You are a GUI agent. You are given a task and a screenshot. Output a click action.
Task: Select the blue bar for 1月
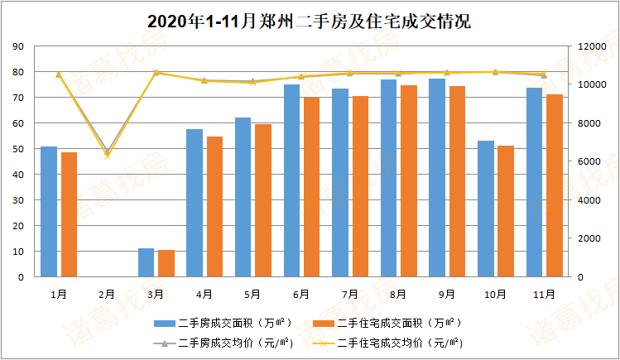pyautogui.click(x=49, y=211)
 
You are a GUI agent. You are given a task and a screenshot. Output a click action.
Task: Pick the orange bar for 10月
pyautogui.click(x=506, y=211)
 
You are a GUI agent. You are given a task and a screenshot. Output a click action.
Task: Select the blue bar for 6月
pyautogui.click(x=291, y=180)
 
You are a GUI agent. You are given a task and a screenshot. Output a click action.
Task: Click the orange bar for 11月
pyautogui.click(x=555, y=185)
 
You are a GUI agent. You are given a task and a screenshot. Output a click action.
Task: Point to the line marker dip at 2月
pyautogui.click(x=107, y=153)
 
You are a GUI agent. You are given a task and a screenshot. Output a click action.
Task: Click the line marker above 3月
pyautogui.click(x=156, y=73)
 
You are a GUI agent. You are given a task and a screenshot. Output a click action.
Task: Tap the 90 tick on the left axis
pyautogui.click(x=17, y=46)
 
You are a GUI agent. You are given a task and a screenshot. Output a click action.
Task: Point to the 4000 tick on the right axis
pyautogui.click(x=586, y=200)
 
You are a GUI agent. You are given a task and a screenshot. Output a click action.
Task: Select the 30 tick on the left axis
pyautogui.click(x=17, y=200)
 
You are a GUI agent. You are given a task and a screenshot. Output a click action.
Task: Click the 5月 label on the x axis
pyautogui.click(x=252, y=294)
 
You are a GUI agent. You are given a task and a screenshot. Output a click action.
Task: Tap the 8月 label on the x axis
pyautogui.click(x=398, y=294)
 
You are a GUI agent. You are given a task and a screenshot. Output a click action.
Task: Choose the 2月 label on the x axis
pyautogui.click(x=107, y=294)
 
